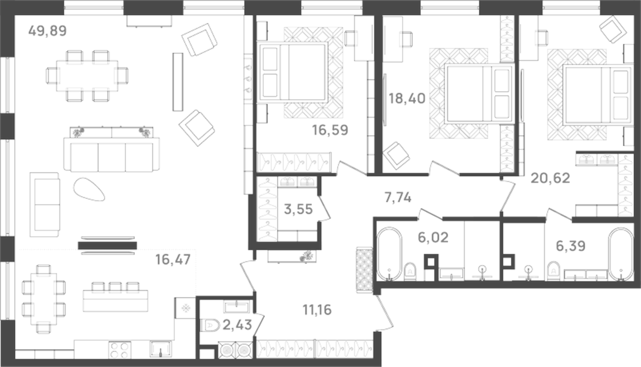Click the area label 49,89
coord(47,31)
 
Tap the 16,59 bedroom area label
coord(330,130)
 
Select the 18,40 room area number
coord(407,99)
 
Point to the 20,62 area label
coord(550,178)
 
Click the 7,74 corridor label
coord(398,197)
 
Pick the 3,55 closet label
coord(298,209)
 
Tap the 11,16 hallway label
coord(317,310)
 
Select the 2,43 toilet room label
coord(237,325)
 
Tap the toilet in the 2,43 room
coord(210,325)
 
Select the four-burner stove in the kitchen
coord(120,350)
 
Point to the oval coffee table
coord(89,189)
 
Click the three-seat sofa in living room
coord(112,157)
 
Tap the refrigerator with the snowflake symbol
coord(185,308)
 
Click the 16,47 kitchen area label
coord(173,260)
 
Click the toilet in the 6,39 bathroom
coord(553,270)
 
